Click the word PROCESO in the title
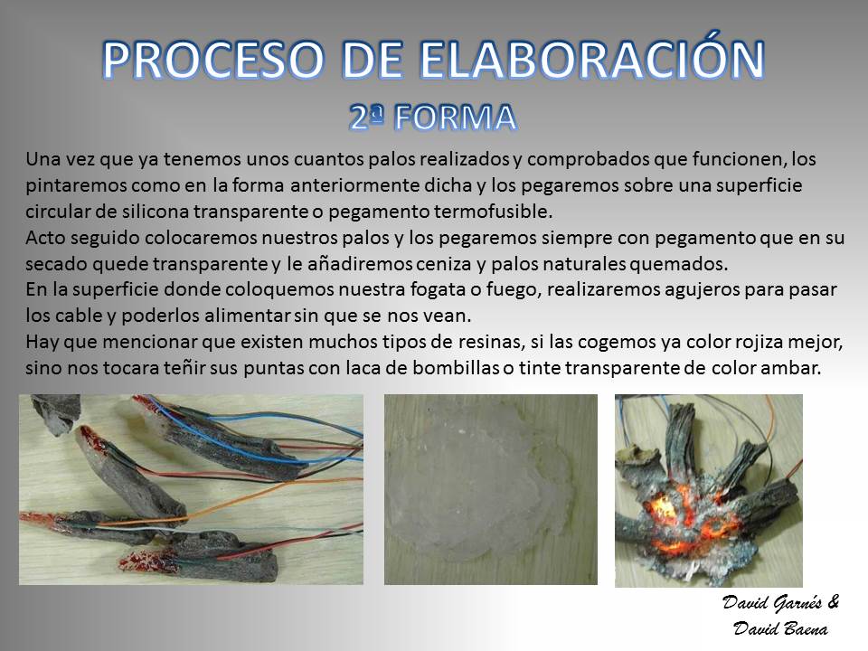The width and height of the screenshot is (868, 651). coord(213,60)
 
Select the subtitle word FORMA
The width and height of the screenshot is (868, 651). coord(457,118)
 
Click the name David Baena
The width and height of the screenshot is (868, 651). coord(780,629)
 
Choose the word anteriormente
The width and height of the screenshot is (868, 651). coord(354,184)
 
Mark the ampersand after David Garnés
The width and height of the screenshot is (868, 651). coord(833,602)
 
